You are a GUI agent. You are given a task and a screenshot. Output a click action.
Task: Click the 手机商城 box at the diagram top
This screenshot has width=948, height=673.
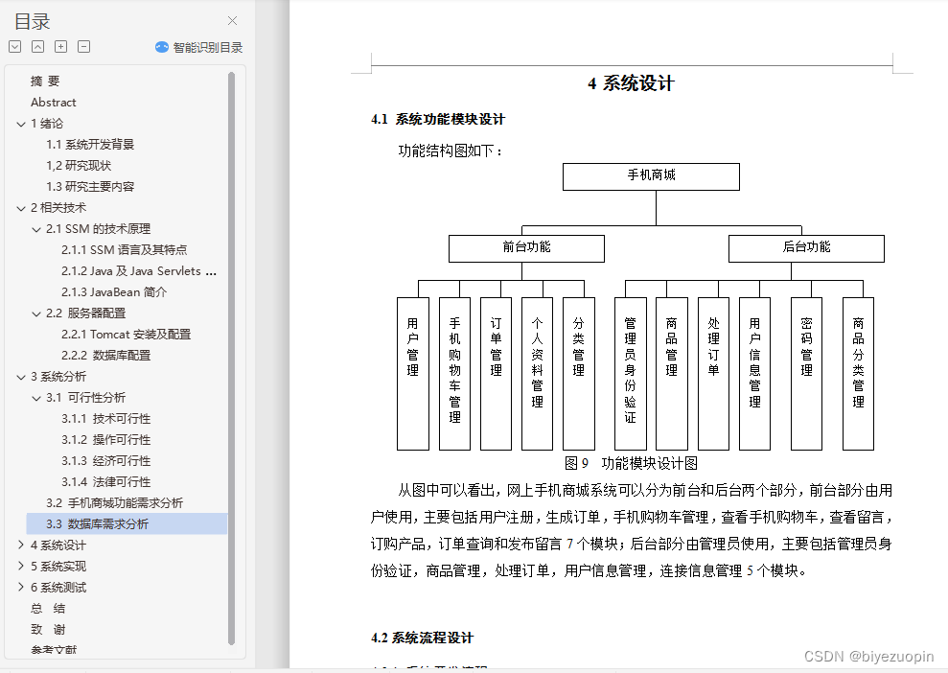[651, 176]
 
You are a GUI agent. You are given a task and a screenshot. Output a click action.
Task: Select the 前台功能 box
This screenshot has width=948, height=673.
[526, 248]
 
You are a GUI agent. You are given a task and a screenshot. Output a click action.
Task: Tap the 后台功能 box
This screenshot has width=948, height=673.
[806, 248]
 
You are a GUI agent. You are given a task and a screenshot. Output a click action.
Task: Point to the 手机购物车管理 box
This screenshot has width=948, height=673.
[454, 373]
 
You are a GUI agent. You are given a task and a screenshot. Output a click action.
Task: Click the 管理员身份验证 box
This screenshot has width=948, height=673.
[630, 373]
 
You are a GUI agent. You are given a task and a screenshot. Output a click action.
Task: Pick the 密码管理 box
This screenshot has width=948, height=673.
[806, 373]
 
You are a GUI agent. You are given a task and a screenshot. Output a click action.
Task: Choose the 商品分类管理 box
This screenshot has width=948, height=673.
[858, 373]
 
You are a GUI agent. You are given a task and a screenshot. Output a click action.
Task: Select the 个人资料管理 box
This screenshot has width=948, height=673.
[537, 373]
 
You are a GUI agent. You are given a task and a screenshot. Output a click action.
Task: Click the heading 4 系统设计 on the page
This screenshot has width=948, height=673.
[631, 83]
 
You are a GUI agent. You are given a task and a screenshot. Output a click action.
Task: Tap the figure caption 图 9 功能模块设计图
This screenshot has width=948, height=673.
[631, 463]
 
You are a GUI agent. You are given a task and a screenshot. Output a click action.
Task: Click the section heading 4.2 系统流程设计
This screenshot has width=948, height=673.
[422, 638]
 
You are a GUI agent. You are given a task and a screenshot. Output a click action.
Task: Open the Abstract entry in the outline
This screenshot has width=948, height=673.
[54, 103]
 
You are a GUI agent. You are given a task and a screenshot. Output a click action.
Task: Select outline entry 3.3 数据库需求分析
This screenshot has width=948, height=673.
[98, 524]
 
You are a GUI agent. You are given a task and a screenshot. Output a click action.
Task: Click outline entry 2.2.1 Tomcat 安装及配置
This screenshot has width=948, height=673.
[126, 335]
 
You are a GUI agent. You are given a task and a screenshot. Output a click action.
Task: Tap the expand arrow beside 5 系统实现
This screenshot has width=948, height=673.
[21, 567]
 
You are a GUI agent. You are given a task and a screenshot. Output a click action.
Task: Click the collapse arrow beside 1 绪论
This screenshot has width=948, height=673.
[21, 124]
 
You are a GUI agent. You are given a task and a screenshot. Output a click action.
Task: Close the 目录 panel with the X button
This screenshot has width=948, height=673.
[232, 21]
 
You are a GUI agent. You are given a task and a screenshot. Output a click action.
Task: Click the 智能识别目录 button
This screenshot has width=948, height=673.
[199, 47]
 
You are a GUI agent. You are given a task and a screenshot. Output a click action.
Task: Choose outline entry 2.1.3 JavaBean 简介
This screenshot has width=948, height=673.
[113, 292]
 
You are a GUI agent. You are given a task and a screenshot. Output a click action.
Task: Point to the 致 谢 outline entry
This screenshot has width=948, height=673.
[48, 630]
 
